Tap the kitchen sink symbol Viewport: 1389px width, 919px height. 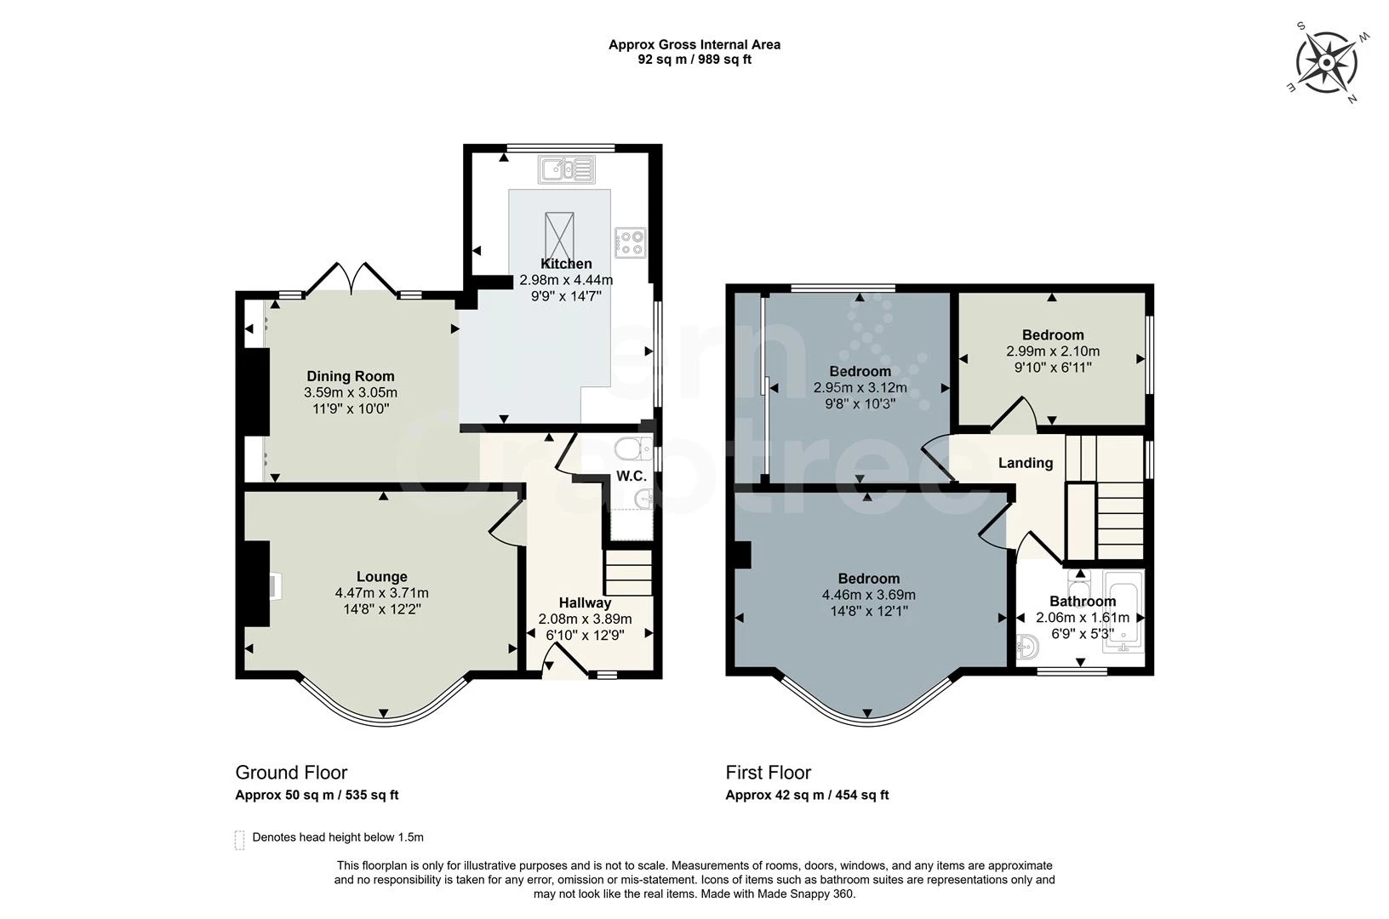(x=567, y=169)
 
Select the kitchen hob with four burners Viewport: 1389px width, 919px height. (x=630, y=242)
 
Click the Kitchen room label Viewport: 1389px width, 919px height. (x=566, y=264)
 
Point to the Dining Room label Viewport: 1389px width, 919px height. (x=351, y=376)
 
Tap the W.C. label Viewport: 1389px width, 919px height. (x=632, y=476)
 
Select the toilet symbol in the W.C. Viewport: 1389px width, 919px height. (x=631, y=448)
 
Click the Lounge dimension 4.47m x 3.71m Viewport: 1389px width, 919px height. (x=381, y=593)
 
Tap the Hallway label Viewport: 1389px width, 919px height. (x=585, y=602)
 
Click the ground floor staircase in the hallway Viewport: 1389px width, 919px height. (x=628, y=573)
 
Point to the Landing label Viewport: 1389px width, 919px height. (x=1025, y=463)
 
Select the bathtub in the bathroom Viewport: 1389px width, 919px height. (x=1123, y=610)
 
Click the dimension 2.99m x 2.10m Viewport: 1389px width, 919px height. (x=1053, y=351)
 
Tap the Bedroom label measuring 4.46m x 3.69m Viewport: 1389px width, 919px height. (x=868, y=579)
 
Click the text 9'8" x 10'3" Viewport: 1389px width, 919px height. (x=860, y=403)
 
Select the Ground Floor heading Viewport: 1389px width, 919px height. (x=291, y=773)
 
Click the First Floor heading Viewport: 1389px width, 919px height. (x=768, y=773)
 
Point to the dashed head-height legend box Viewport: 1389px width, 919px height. (x=240, y=840)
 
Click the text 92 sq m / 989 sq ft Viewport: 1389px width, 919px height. (x=694, y=60)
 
